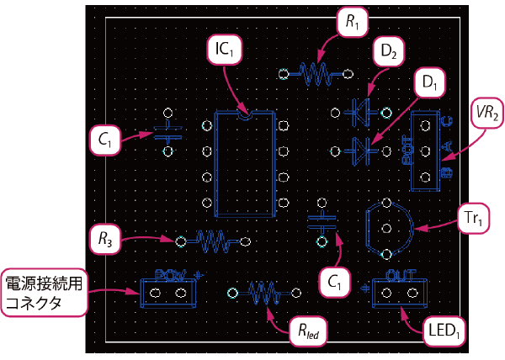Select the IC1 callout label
point(224,50)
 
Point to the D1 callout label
point(429,82)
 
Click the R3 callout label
point(104,238)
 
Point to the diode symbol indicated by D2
point(361,109)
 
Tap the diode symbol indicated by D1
point(361,150)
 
